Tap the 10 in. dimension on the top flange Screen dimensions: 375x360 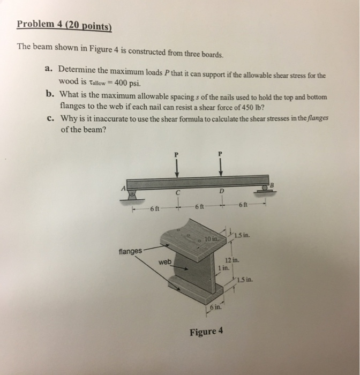(x=211, y=237)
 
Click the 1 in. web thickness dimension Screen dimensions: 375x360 (x=223, y=266)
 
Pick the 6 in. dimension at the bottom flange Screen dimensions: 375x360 (x=215, y=307)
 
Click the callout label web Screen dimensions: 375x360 (x=164, y=261)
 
